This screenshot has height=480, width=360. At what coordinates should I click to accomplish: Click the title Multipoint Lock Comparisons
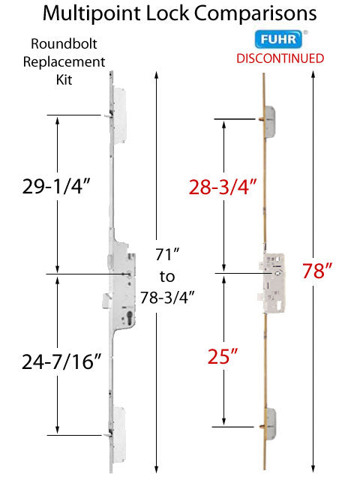pos(179,13)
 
